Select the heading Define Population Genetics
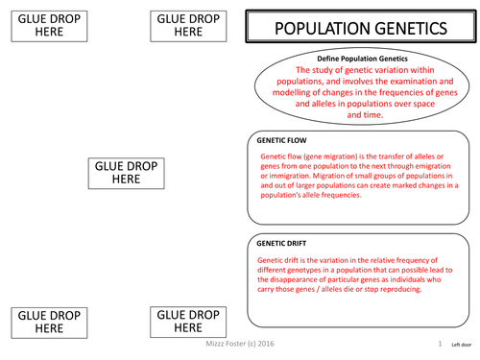click(x=357, y=60)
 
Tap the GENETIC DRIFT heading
click(x=281, y=246)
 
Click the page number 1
click(x=439, y=343)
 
